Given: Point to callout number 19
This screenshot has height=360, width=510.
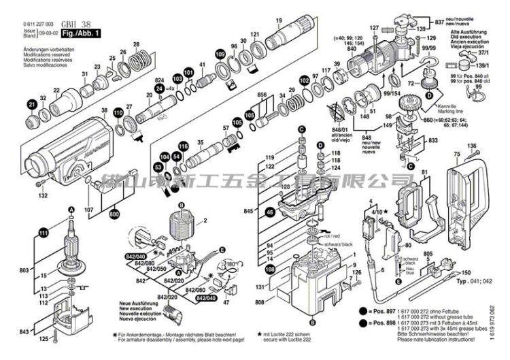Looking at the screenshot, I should [x=278, y=20].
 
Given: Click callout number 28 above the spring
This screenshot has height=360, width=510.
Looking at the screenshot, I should [x=136, y=45].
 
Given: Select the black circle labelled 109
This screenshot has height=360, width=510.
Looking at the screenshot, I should [x=220, y=54].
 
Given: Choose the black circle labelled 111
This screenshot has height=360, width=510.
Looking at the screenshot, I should [x=44, y=233].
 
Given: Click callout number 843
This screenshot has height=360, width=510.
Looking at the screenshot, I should [x=24, y=331].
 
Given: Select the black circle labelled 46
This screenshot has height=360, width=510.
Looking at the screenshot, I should [x=269, y=213].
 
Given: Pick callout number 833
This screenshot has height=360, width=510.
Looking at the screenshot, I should [x=432, y=139].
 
